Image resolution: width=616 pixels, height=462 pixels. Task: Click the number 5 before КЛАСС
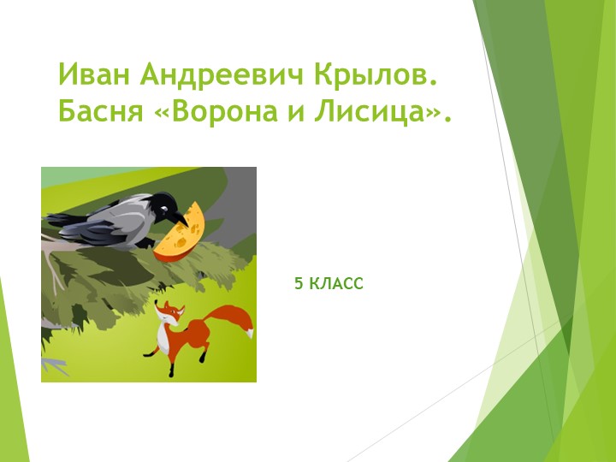point(299,282)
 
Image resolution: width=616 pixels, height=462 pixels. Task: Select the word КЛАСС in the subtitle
point(335,282)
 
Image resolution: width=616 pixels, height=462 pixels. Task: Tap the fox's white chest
point(163,338)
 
